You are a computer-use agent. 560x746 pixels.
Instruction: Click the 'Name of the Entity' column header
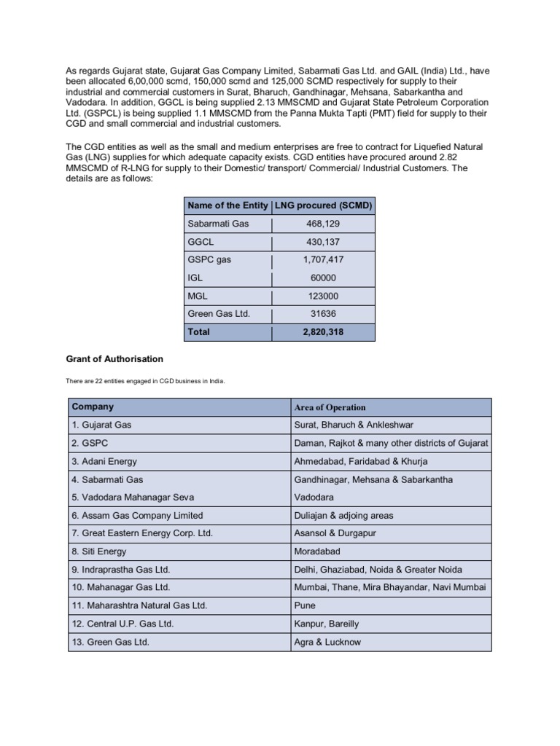227,205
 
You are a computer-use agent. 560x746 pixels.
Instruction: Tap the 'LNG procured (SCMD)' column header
323,205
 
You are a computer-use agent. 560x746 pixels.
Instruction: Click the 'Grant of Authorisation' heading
114,359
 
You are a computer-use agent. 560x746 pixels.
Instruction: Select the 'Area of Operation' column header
330,407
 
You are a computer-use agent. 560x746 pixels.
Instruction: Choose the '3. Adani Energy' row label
104,461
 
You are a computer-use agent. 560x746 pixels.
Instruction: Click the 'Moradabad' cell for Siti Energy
317,551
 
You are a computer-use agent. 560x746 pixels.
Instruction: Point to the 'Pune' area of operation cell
304,605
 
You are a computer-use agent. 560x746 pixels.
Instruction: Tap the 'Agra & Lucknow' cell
327,642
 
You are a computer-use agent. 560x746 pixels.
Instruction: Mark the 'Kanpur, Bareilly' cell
327,624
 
